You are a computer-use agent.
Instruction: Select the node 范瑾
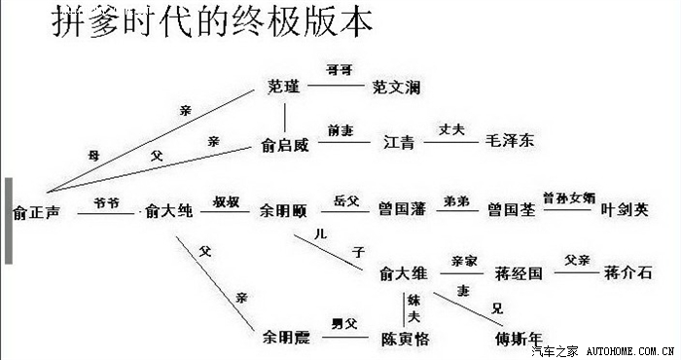tap(284, 86)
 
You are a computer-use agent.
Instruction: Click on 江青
tap(399, 143)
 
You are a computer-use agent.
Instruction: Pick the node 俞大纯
tap(169, 210)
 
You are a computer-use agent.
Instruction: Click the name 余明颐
tap(283, 209)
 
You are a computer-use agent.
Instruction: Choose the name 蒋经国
tap(518, 273)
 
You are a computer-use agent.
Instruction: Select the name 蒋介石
tap(627, 271)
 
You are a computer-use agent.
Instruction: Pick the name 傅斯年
tap(518, 340)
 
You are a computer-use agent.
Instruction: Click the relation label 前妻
tap(341, 129)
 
